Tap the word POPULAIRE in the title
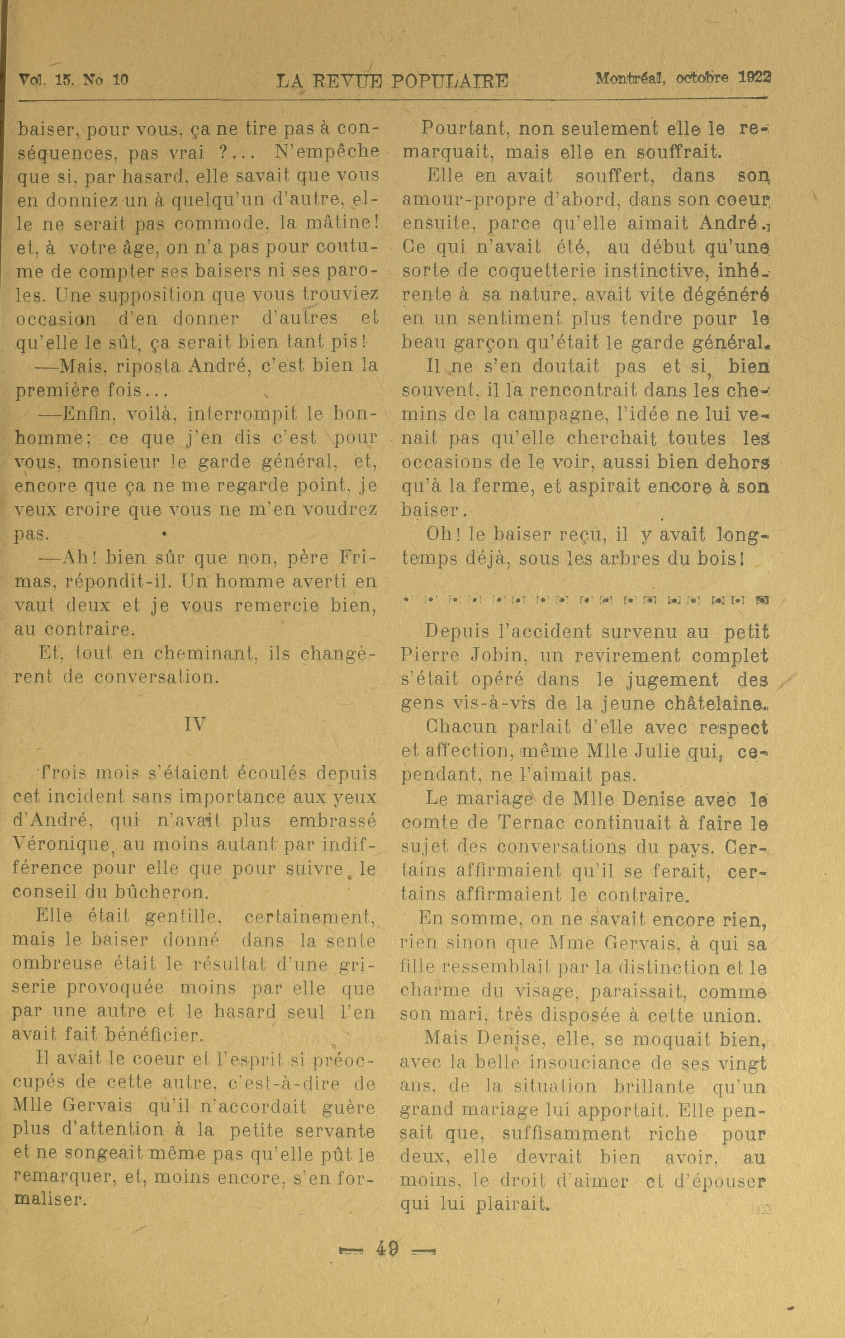(450, 82)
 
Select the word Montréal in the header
(632, 78)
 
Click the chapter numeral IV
(195, 725)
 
